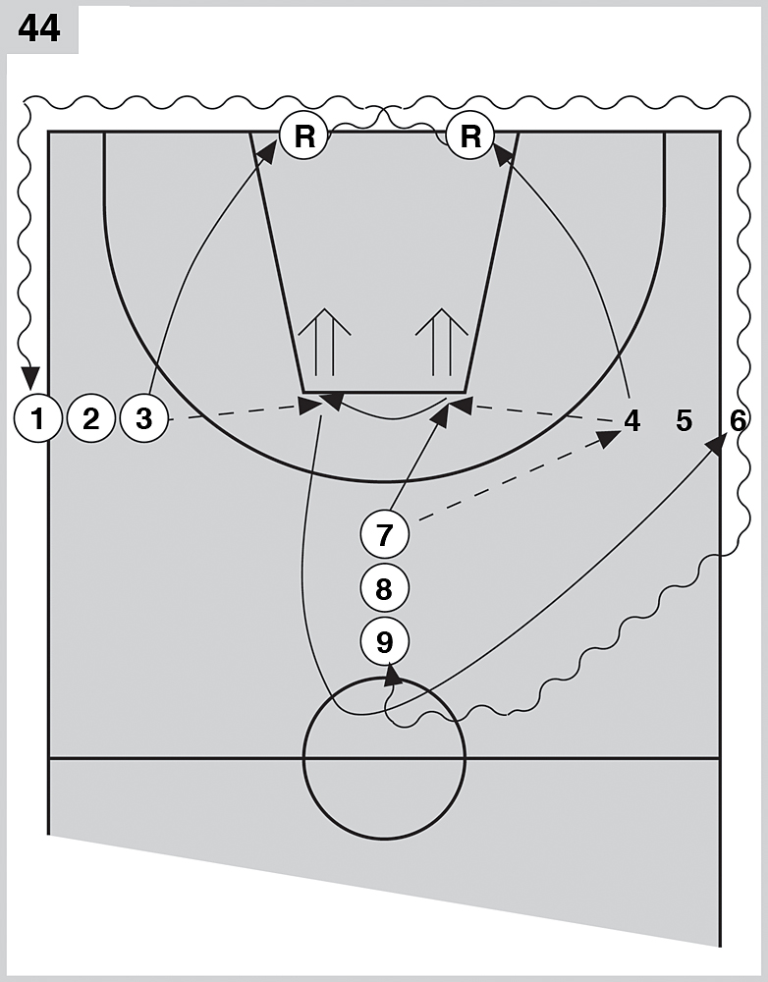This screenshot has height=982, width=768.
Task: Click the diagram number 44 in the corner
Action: tap(39, 29)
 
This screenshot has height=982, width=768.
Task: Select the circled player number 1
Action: tap(37, 420)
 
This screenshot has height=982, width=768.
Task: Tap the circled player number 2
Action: tap(91, 420)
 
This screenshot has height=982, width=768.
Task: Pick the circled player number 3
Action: tap(144, 420)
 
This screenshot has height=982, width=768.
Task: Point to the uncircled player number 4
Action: tap(631, 421)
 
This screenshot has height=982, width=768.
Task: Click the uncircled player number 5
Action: tap(685, 421)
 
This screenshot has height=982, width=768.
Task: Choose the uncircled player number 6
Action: tap(738, 420)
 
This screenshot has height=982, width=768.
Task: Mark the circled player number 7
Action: tap(384, 536)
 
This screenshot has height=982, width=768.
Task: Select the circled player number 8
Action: tap(384, 589)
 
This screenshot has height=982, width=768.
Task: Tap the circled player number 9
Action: tap(384, 642)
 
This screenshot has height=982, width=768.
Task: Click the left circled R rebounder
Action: tap(303, 136)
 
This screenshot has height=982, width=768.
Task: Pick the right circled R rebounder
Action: tap(470, 136)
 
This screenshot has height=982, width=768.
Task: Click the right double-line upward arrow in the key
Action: tap(441, 339)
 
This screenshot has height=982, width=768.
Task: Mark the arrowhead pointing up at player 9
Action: tap(393, 672)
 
